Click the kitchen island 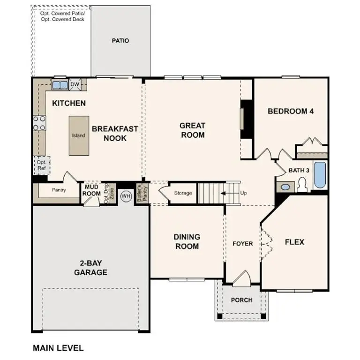coord(78,135)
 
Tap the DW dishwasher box coord(75,84)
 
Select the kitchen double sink coord(60,85)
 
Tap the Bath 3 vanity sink coord(285,187)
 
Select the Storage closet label coord(183,193)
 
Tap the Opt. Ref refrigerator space coord(41,165)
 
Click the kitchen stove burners coord(39,123)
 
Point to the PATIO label coord(120,41)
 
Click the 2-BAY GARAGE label coord(92,268)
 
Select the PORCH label coord(242,300)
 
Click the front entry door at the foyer coord(242,279)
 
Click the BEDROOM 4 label coord(290,111)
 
